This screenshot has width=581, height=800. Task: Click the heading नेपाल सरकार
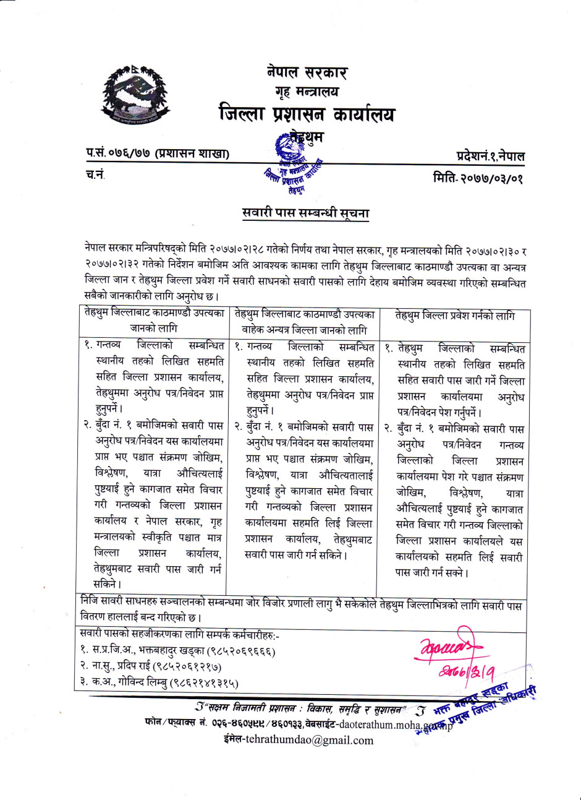307,72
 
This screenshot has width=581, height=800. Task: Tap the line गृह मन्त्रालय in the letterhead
307,93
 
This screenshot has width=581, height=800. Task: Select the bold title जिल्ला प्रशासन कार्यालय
307,114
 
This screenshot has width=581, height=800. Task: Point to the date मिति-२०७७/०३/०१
478,178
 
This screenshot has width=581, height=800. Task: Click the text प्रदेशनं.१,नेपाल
490,156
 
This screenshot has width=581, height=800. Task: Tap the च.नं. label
95,175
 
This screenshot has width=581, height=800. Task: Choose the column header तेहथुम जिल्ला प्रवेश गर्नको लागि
454,316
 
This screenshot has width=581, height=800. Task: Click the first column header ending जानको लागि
153,320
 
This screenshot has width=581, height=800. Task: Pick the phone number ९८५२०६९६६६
242,651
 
